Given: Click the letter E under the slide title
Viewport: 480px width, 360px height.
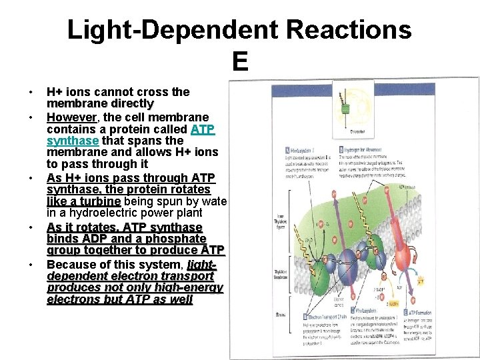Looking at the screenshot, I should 240,62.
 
